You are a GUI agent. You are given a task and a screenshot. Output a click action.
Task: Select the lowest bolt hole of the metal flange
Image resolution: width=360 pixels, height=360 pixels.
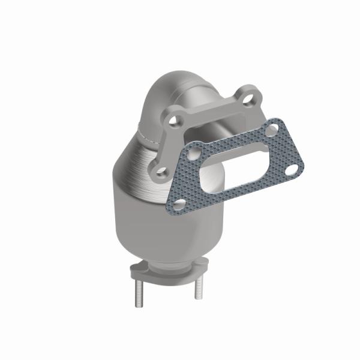pyautogui.click(x=163, y=170)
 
